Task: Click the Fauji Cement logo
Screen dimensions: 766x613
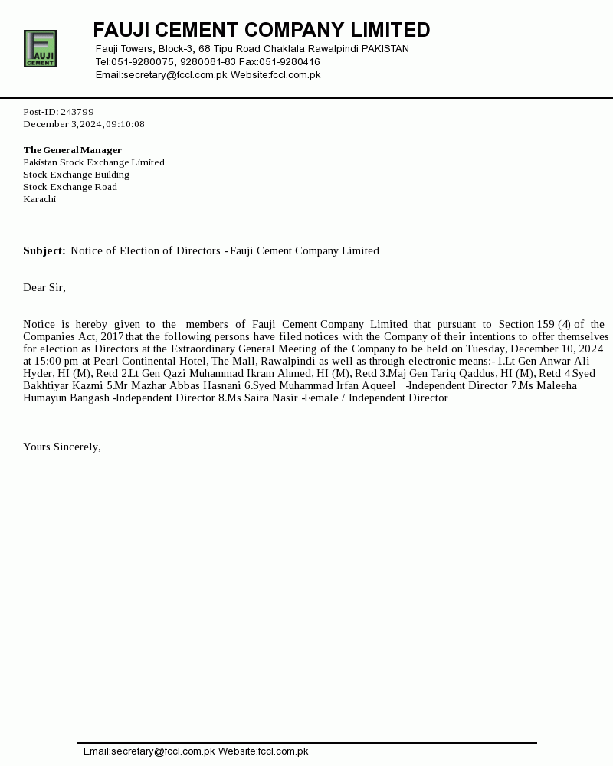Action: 40,48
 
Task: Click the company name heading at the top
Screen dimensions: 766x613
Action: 261,30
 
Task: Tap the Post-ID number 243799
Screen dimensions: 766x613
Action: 77,112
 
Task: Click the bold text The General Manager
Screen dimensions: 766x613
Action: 72,150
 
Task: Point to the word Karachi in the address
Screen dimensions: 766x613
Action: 39,199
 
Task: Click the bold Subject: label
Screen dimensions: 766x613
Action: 44,250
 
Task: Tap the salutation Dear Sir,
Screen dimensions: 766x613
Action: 44,287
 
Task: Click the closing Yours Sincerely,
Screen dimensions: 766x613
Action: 62,447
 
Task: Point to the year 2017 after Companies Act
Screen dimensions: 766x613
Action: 112,336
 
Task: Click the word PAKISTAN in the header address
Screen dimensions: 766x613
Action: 385,49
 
